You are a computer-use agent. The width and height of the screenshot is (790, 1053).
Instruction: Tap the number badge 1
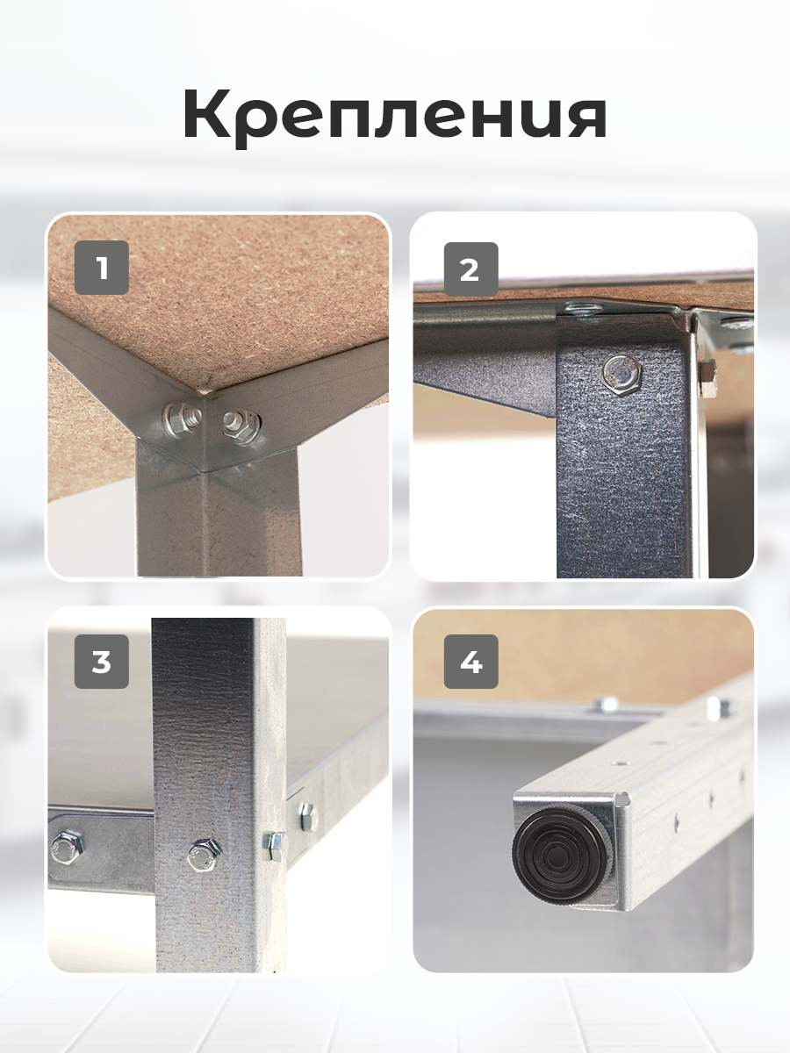click(x=102, y=268)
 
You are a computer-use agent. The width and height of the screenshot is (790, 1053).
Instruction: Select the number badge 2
click(x=470, y=269)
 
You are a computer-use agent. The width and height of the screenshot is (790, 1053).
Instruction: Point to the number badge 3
click(x=102, y=662)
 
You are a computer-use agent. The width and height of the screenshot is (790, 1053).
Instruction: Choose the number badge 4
click(x=470, y=662)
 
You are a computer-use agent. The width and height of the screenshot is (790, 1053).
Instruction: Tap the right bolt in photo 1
click(x=241, y=425)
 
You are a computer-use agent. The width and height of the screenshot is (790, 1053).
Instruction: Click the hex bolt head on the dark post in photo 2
click(x=623, y=374)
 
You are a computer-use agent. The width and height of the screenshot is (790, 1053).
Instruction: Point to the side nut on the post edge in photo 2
click(x=708, y=377)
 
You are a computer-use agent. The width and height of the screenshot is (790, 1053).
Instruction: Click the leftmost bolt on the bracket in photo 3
click(x=66, y=849)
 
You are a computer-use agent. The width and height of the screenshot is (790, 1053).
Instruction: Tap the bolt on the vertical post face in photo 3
click(x=204, y=854)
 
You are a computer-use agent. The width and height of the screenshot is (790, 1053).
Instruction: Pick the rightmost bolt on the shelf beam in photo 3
click(x=307, y=816)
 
